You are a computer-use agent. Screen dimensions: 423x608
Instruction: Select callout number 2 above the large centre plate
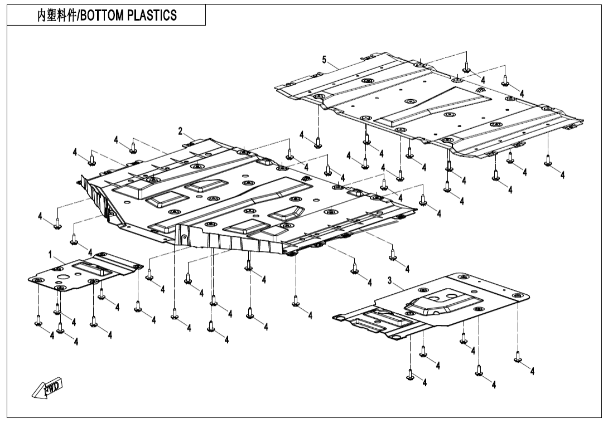click(x=180, y=131)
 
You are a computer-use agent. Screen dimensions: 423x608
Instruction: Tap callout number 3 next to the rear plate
click(x=390, y=279)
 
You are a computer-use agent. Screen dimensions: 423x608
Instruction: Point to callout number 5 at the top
click(x=324, y=60)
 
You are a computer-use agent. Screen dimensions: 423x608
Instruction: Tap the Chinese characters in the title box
click(x=56, y=16)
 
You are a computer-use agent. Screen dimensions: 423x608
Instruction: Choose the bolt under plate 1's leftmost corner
click(x=38, y=320)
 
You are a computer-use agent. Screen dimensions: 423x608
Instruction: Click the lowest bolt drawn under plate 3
click(x=411, y=376)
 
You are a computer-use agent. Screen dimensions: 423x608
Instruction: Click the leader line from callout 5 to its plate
click(x=334, y=65)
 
